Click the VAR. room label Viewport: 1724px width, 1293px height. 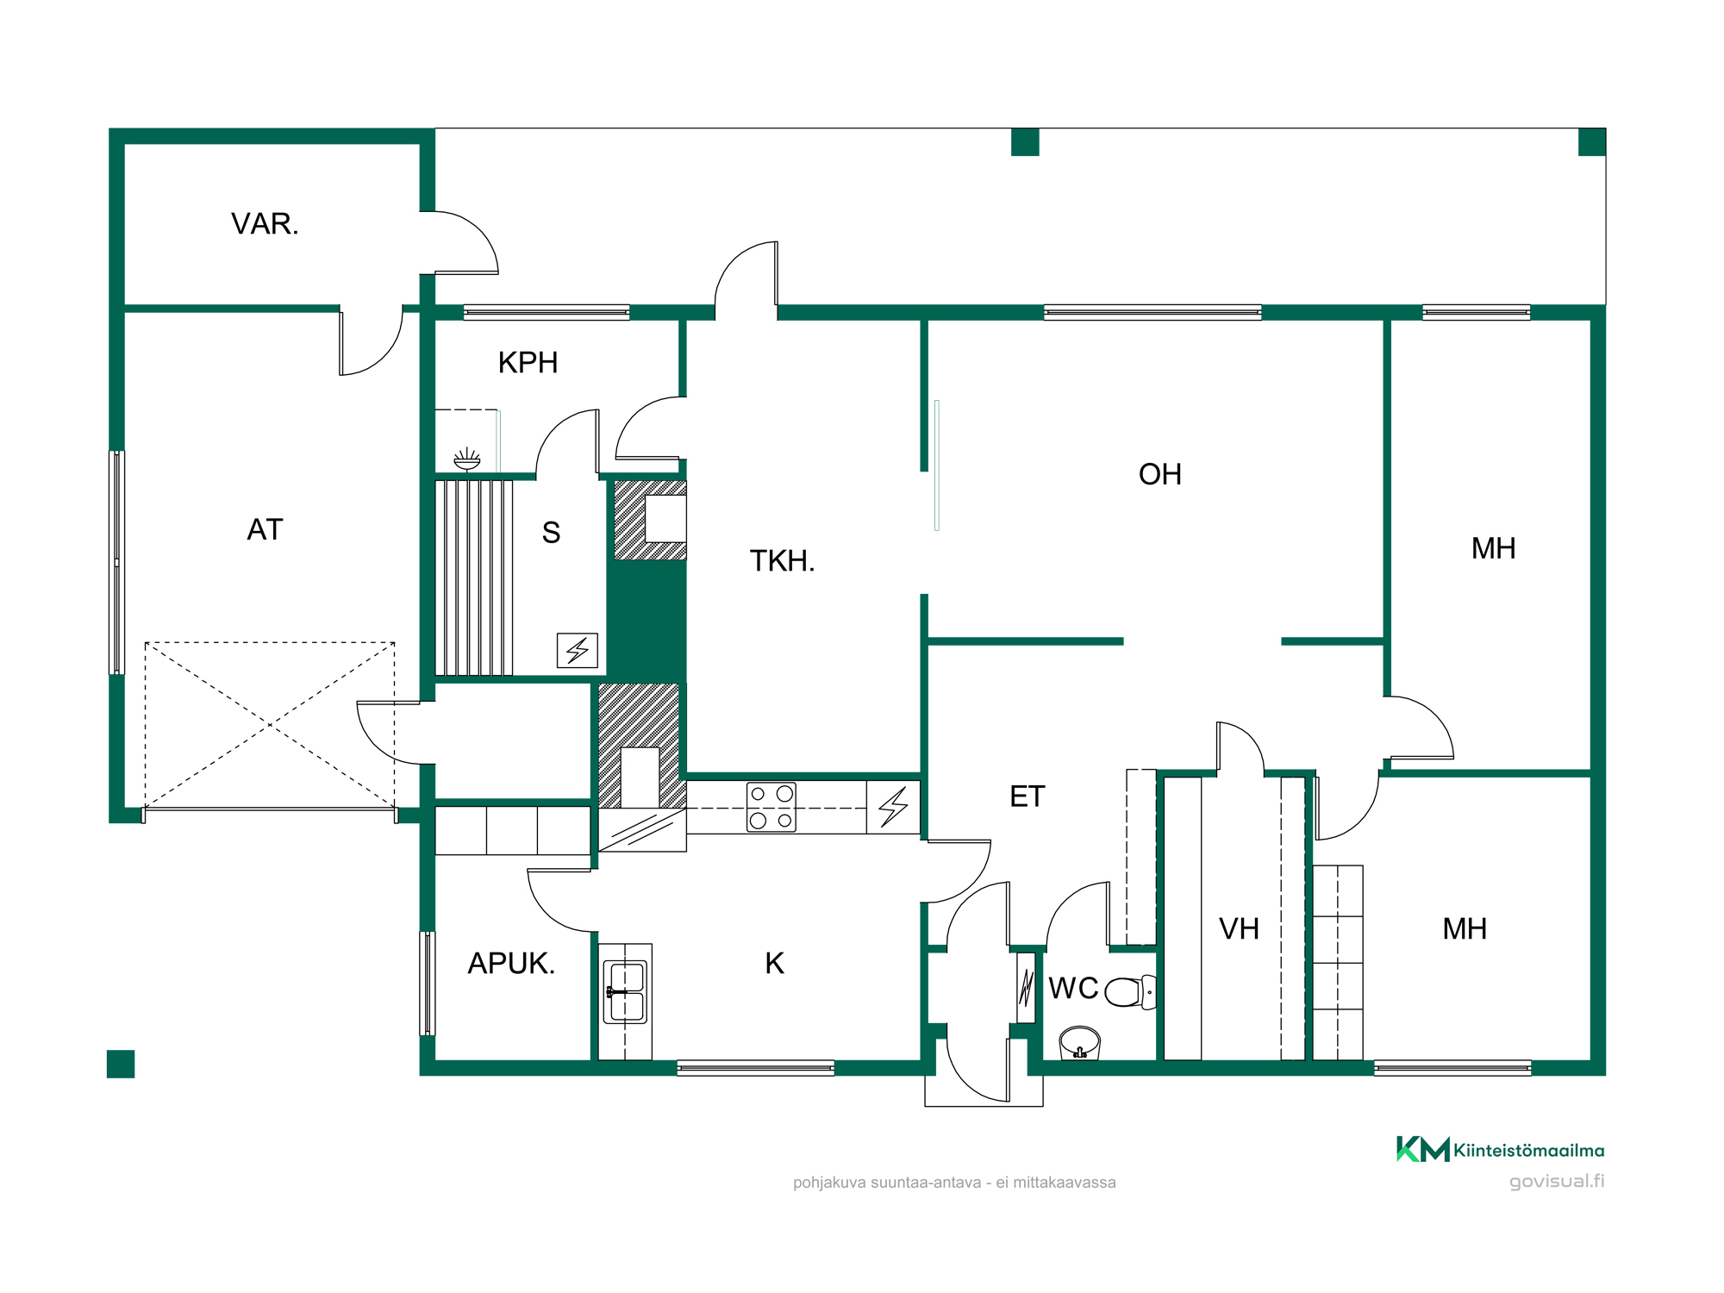(x=265, y=224)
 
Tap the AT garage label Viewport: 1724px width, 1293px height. (x=265, y=529)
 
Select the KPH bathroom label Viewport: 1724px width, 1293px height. (x=528, y=363)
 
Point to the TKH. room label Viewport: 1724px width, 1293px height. (x=782, y=561)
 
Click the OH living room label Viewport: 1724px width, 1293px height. (x=1159, y=474)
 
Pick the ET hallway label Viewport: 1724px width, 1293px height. (x=1027, y=796)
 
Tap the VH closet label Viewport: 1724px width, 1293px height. (x=1239, y=928)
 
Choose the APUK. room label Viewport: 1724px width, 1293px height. (x=511, y=964)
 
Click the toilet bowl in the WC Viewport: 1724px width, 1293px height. (x=1130, y=992)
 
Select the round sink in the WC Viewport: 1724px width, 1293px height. (x=1079, y=1042)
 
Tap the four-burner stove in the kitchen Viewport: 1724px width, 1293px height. (x=771, y=807)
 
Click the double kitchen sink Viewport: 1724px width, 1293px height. (x=625, y=991)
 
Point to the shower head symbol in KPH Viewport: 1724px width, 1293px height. (x=466, y=459)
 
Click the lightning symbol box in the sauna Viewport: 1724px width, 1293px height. (x=578, y=651)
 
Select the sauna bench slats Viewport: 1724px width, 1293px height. (x=474, y=578)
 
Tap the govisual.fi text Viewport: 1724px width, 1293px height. (x=1557, y=1181)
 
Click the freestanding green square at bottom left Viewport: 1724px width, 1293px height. (x=121, y=1064)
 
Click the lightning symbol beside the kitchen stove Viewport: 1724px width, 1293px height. (x=893, y=807)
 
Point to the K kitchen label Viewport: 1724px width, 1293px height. (x=774, y=964)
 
